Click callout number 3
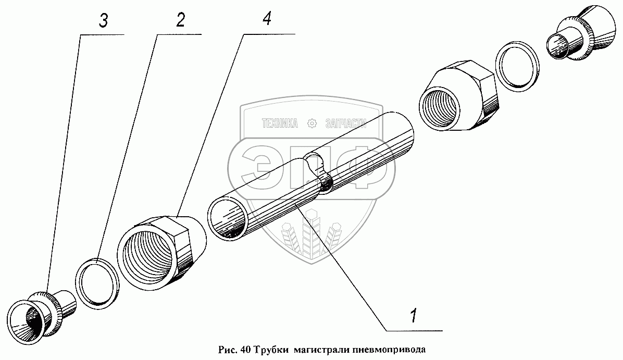[x=104, y=21]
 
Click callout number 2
[x=180, y=20]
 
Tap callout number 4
[x=266, y=20]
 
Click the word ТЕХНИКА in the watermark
[x=280, y=123]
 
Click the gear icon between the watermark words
[x=312, y=123]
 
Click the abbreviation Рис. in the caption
[x=227, y=349]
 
